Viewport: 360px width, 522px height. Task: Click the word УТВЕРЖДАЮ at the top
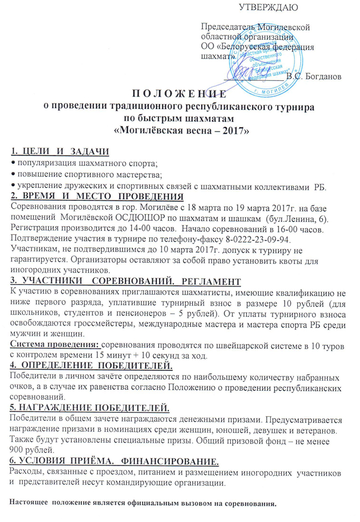(x=268, y=7)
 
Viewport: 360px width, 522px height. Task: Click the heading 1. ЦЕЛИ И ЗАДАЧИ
(x=60, y=152)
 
